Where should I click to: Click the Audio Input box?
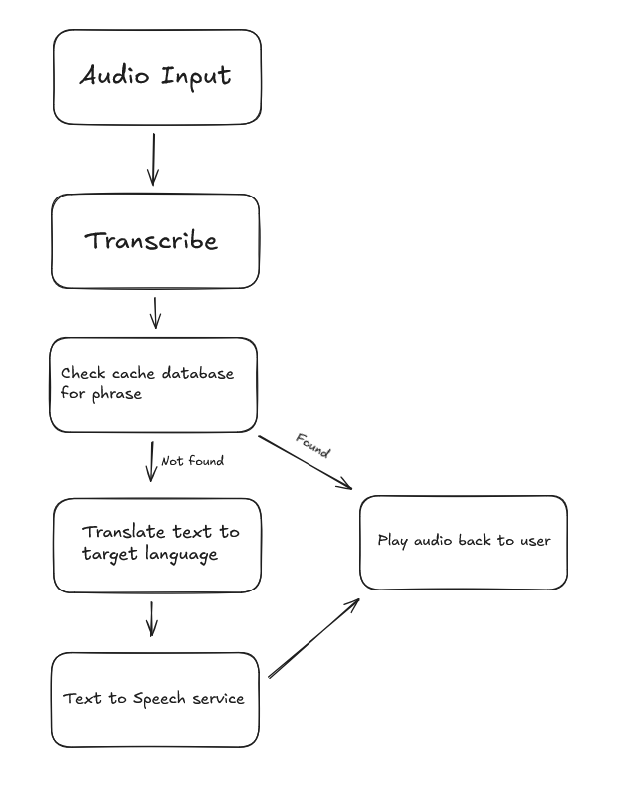pyautogui.click(x=156, y=77)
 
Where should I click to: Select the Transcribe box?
pyautogui.click(x=155, y=241)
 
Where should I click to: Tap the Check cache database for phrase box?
pyautogui.click(x=153, y=384)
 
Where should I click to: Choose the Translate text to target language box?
pyautogui.click(x=156, y=545)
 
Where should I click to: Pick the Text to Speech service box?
pyautogui.click(x=154, y=699)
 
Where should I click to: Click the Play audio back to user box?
pyautogui.click(x=463, y=541)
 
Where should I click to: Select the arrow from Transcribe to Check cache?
pyautogui.click(x=154, y=312)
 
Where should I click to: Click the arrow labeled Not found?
pyautogui.click(x=151, y=461)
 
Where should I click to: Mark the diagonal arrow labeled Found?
pyautogui.click(x=305, y=462)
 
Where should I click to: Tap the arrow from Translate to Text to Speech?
pyautogui.click(x=151, y=617)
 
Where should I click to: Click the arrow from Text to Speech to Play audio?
pyautogui.click(x=313, y=639)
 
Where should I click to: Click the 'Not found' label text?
pyautogui.click(x=192, y=461)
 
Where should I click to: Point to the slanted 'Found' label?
pyautogui.click(x=312, y=445)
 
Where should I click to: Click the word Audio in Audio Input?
pyautogui.click(x=113, y=76)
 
